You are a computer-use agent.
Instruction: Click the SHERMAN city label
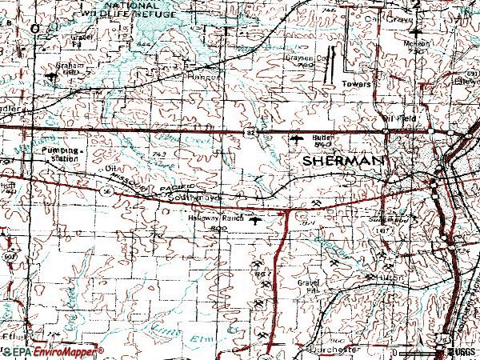point(344,161)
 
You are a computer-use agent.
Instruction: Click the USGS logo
point(458,352)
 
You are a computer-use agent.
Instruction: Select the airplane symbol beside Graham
point(53,77)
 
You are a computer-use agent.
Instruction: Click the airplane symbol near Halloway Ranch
point(256,219)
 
